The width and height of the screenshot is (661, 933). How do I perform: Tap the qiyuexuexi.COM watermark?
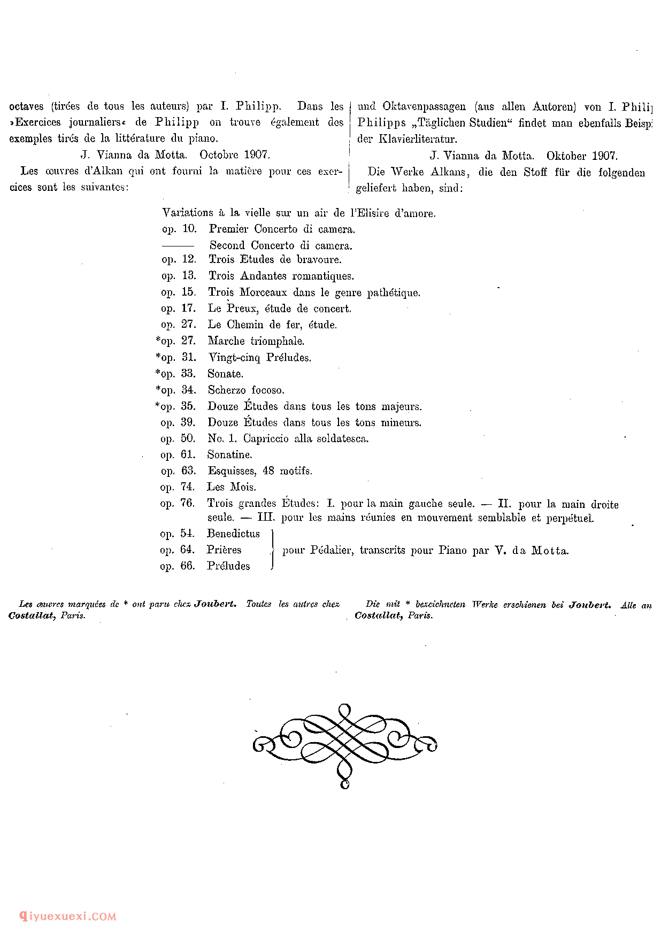point(68,916)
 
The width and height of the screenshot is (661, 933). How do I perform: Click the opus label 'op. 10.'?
point(180,229)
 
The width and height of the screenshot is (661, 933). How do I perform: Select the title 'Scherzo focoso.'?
point(246,390)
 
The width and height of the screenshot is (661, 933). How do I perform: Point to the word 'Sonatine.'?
point(230,454)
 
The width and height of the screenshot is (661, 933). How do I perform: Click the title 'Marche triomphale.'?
point(256,341)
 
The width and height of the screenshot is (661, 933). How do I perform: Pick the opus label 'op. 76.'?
point(178,503)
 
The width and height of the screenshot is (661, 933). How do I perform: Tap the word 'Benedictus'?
point(234,534)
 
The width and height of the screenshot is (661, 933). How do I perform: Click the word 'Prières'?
point(224,550)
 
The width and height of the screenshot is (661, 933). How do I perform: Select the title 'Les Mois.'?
point(232,487)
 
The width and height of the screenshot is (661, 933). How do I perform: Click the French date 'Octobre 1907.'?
point(235,155)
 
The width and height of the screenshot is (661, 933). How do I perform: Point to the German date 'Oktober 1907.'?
point(582,156)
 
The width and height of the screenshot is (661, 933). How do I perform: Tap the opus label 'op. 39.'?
point(178,422)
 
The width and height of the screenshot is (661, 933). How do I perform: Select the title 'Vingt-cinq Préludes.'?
point(260,357)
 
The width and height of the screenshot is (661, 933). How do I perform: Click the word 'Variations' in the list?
point(188,213)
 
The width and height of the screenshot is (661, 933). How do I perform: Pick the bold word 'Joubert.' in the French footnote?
point(216,604)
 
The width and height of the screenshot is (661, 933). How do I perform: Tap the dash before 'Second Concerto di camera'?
point(178,245)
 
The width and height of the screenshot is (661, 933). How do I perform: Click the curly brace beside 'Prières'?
point(273,550)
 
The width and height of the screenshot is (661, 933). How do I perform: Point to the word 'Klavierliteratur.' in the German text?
point(418,139)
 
